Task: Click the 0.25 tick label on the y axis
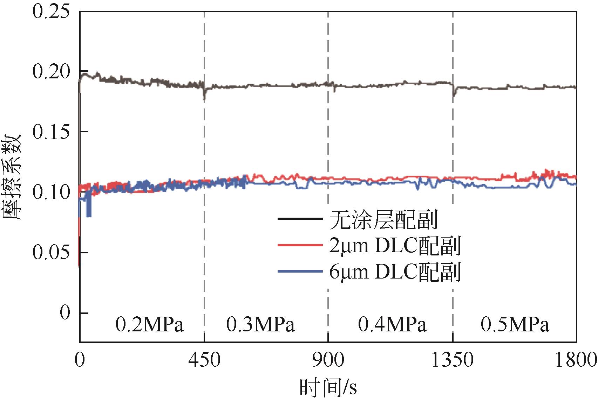(x=51, y=12)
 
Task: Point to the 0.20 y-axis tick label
(x=51, y=72)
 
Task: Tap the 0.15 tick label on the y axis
(x=51, y=132)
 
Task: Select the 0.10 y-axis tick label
(x=51, y=192)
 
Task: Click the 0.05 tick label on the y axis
(x=51, y=252)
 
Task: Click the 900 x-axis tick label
(x=328, y=360)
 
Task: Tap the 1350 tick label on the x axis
(x=453, y=360)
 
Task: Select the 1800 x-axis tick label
(x=576, y=360)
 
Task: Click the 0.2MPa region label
(x=150, y=325)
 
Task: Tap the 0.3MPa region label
(x=260, y=325)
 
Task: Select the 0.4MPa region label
(x=392, y=325)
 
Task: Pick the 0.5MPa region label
(x=515, y=325)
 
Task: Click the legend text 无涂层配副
(x=383, y=220)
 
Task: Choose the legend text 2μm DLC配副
(x=394, y=246)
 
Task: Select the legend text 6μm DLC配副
(x=394, y=272)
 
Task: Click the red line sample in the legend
(x=300, y=245)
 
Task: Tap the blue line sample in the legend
(x=300, y=272)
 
